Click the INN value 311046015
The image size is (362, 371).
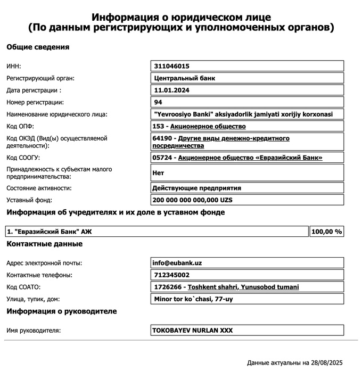(x=171, y=67)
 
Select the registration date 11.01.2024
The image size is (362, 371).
(x=171, y=90)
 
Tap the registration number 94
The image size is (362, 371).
(x=158, y=102)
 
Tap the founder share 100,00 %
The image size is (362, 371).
(x=326, y=232)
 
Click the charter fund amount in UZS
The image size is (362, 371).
(x=193, y=200)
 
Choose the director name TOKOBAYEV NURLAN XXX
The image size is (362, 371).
(x=193, y=331)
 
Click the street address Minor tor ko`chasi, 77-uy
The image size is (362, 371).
(x=193, y=299)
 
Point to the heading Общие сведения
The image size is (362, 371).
(x=38, y=47)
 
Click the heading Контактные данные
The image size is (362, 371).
(x=44, y=244)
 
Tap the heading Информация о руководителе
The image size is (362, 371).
(x=61, y=311)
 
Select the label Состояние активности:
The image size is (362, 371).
(x=39, y=188)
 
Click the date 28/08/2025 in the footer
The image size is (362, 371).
(x=325, y=363)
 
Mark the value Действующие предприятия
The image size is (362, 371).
(x=196, y=188)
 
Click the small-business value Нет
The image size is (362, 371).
(x=158, y=173)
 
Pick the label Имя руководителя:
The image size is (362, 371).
(x=34, y=331)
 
